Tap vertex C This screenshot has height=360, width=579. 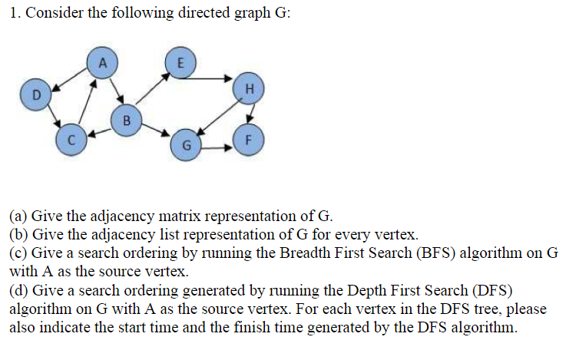pyautogui.click(x=70, y=140)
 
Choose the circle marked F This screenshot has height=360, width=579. pyautogui.click(x=248, y=141)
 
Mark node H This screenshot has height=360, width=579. pyautogui.click(x=248, y=88)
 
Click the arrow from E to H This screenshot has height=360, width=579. pyautogui.click(x=213, y=78)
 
